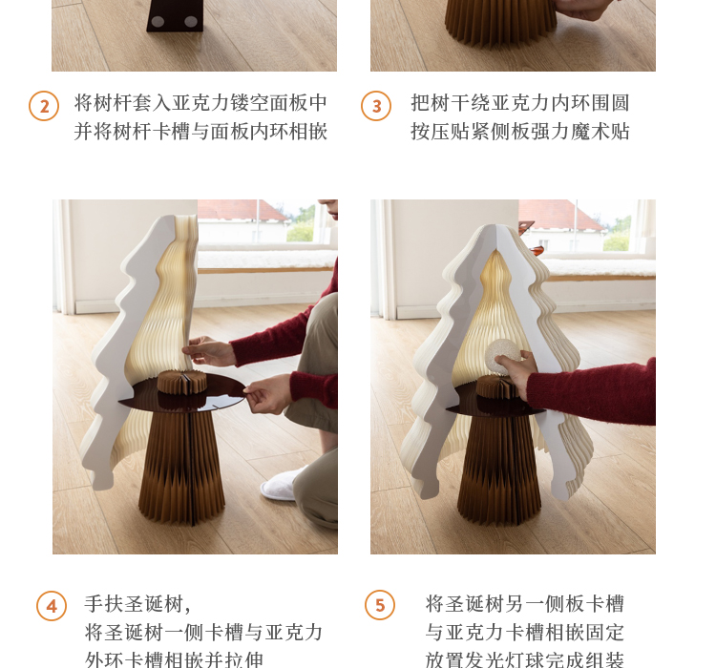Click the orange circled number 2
click(44, 106)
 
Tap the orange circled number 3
click(376, 106)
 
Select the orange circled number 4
click(52, 606)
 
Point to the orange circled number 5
click(380, 605)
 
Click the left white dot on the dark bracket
click(158, 21)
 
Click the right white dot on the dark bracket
click(191, 21)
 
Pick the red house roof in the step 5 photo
click(561, 215)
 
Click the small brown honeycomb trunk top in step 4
click(182, 382)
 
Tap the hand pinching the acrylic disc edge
click(266, 392)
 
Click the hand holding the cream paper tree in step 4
click(209, 350)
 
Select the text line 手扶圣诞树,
click(137, 604)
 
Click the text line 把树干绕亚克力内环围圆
click(520, 103)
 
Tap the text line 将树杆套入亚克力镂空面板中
click(200, 103)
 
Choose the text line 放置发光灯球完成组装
click(525, 659)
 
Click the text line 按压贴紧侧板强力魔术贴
click(520, 132)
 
